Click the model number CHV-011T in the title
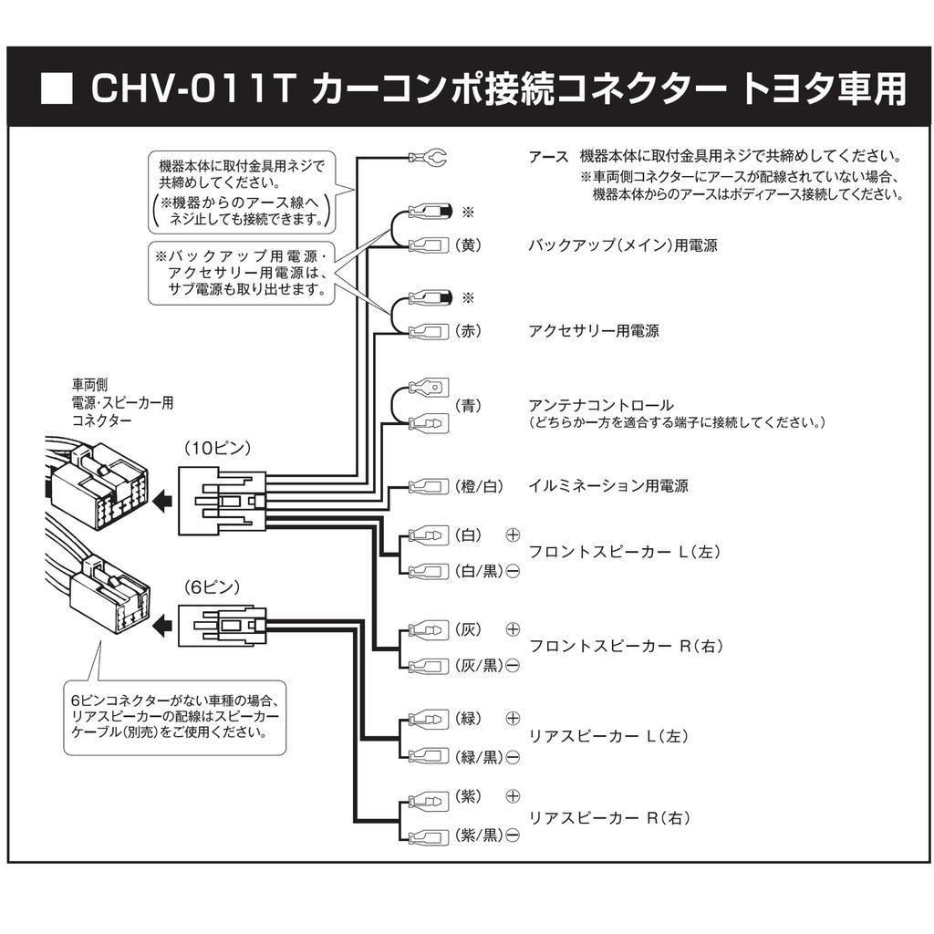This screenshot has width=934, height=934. point(192,89)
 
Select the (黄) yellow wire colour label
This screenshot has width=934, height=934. point(468,245)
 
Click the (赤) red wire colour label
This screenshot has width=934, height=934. point(468,331)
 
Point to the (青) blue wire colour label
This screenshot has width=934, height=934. point(468,405)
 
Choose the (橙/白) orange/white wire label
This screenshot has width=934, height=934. point(480,486)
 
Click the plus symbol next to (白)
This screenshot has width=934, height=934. point(513,534)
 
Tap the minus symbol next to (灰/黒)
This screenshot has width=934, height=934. point(513,666)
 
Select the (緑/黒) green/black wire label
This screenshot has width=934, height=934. point(479,756)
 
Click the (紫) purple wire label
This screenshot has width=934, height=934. point(468,797)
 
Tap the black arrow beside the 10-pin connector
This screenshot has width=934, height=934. point(162,500)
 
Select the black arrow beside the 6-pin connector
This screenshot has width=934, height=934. point(162,625)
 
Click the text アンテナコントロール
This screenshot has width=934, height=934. point(600,405)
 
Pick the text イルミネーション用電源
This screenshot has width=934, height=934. point(608,486)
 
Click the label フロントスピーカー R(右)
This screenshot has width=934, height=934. point(626,647)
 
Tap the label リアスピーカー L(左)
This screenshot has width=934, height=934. point(608,736)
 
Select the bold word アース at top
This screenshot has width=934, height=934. point(548,157)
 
